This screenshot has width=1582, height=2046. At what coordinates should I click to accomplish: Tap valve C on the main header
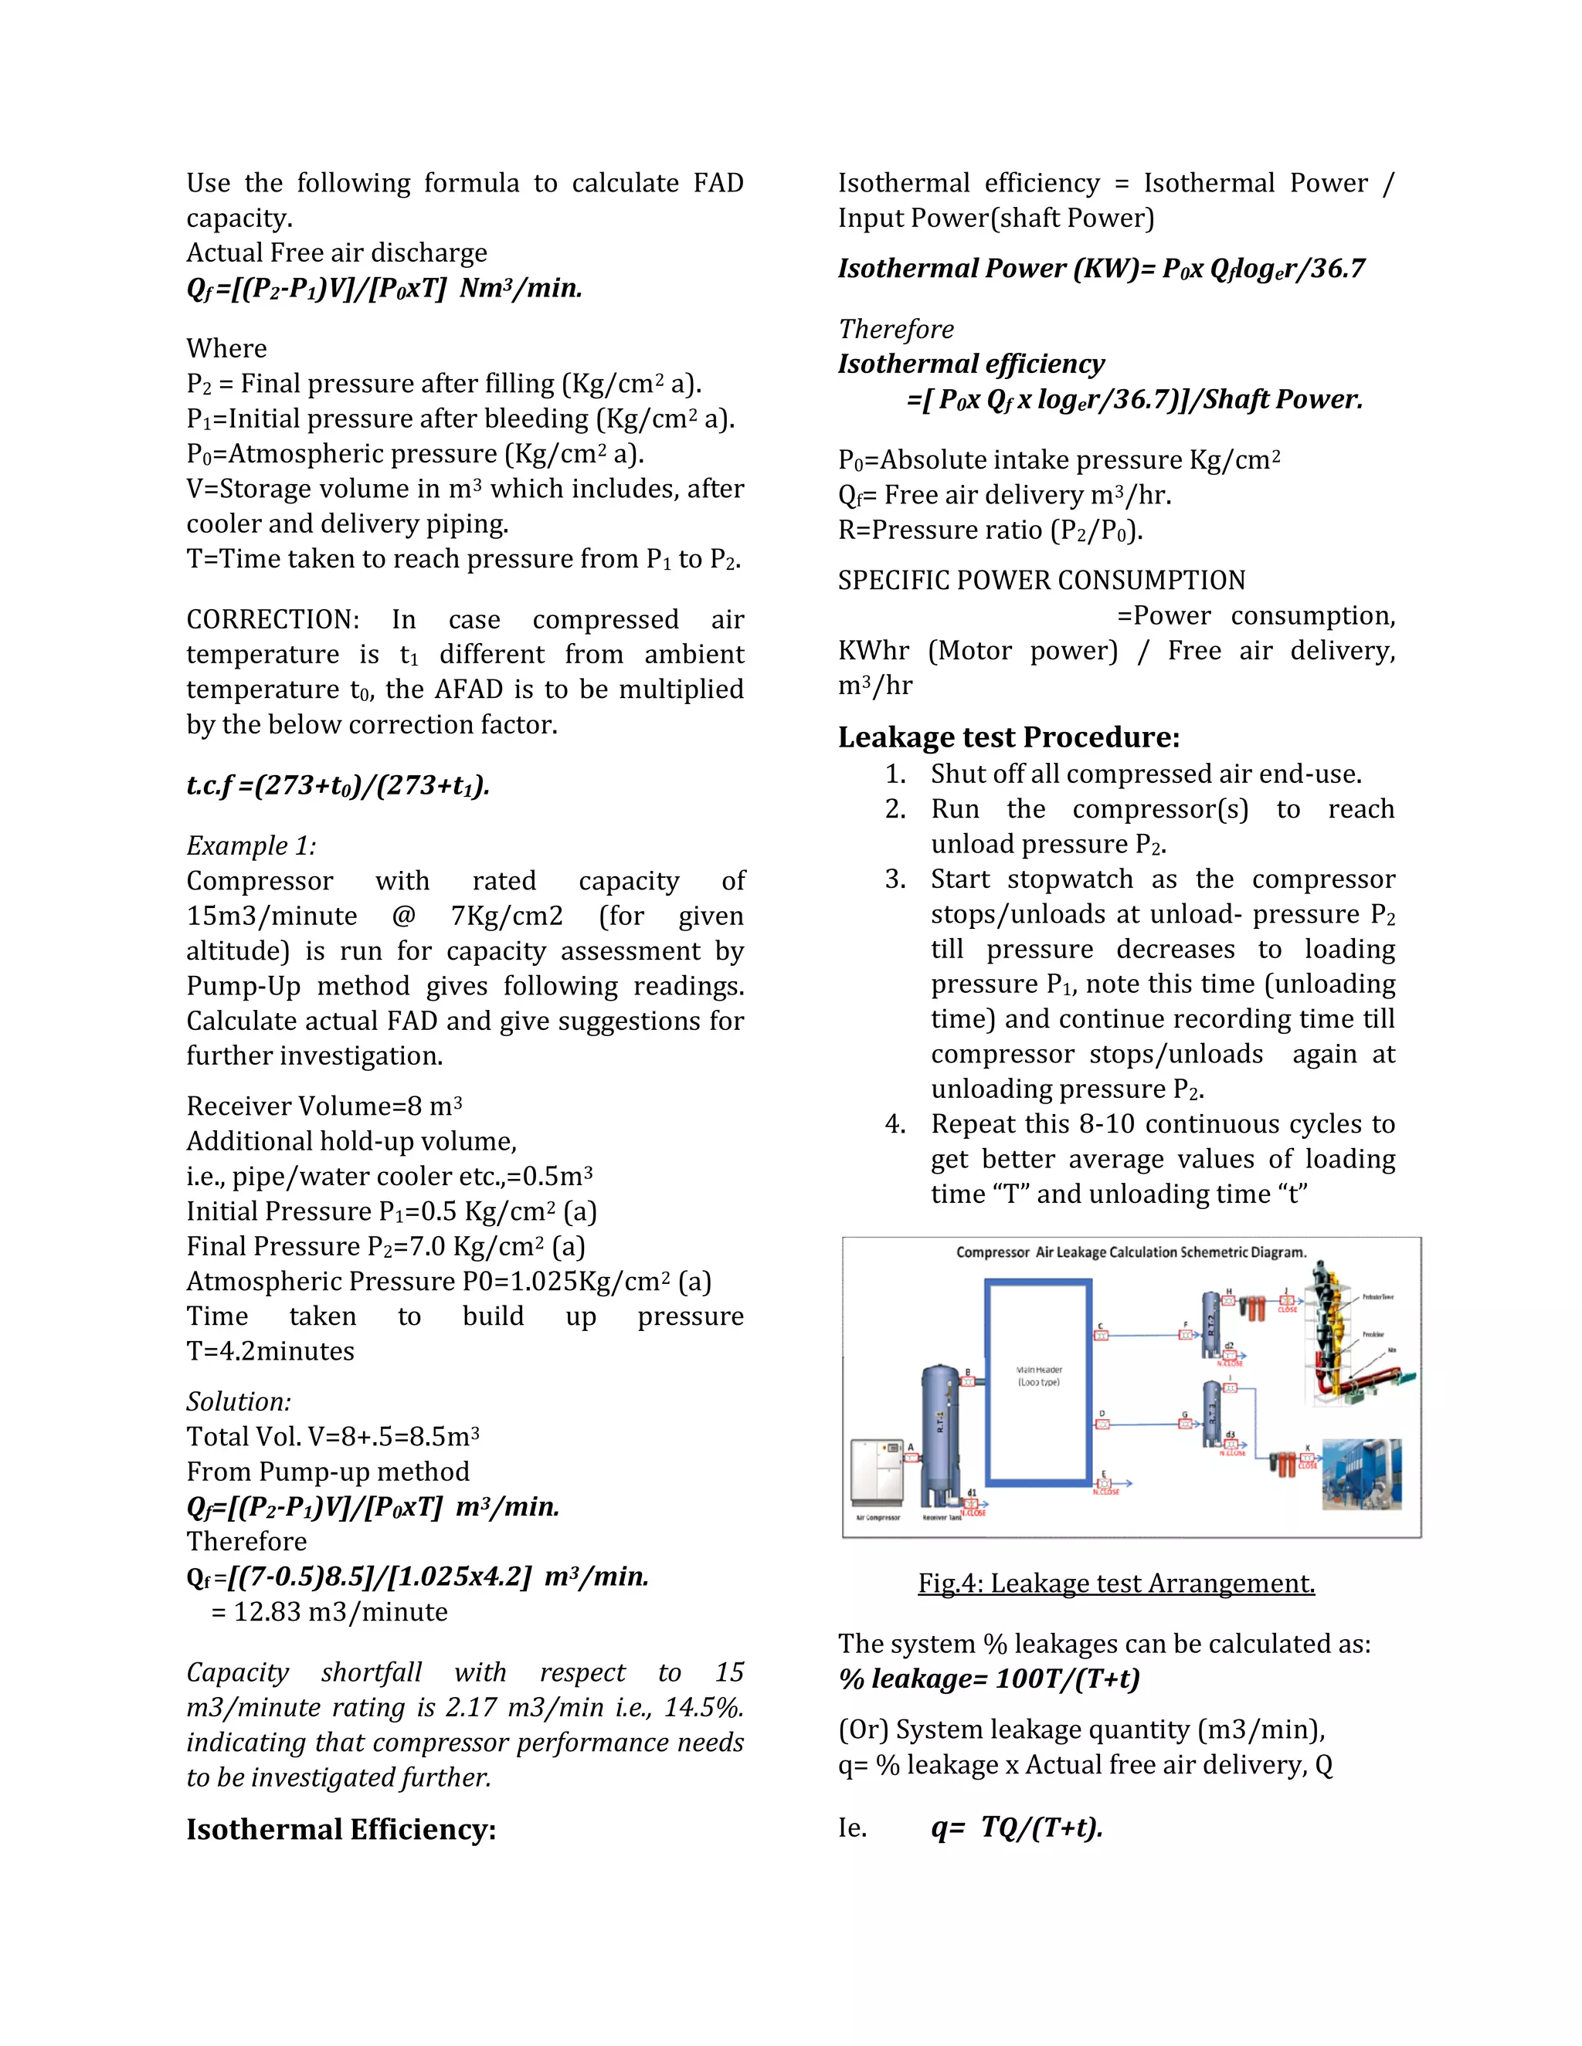pyautogui.click(x=1102, y=1336)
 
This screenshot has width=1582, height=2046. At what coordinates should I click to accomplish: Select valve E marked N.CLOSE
pyautogui.click(x=1105, y=1483)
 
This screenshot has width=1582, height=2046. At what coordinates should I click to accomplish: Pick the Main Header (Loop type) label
pyautogui.click(x=1038, y=1375)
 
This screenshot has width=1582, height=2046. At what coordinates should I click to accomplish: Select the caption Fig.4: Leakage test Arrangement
pyautogui.click(x=1116, y=1584)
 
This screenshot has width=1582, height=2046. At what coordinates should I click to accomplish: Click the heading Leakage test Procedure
pyautogui.click(x=1008, y=737)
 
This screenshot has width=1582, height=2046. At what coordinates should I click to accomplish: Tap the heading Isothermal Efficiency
pyautogui.click(x=341, y=1828)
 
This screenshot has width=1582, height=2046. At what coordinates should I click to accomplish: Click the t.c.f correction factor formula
pyautogui.click(x=338, y=785)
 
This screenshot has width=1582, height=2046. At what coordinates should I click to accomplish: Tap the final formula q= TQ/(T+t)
pyautogui.click(x=1017, y=1827)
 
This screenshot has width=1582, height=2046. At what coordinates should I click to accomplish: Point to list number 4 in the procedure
pyautogui.click(x=895, y=1123)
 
